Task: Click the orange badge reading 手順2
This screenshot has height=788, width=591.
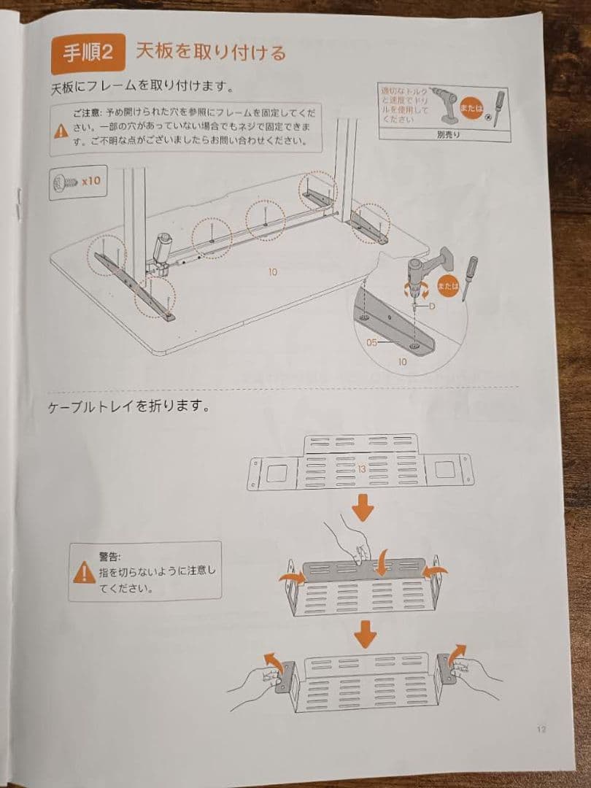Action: pyautogui.click(x=85, y=53)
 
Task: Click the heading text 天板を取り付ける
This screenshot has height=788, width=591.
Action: pyautogui.click(x=210, y=53)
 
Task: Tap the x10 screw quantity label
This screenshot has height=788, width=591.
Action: pyautogui.click(x=90, y=180)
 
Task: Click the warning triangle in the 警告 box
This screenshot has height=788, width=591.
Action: pyautogui.click(x=84, y=573)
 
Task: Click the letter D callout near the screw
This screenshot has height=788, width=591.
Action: pyautogui.click(x=432, y=306)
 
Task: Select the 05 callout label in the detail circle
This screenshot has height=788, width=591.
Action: pyautogui.click(x=372, y=341)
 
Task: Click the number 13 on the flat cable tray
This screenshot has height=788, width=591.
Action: pyautogui.click(x=361, y=469)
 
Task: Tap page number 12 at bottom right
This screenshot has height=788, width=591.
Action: pyautogui.click(x=541, y=728)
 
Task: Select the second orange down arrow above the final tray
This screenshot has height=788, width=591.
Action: pyautogui.click(x=362, y=634)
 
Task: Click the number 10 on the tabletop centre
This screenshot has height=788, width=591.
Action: pyautogui.click(x=272, y=271)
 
